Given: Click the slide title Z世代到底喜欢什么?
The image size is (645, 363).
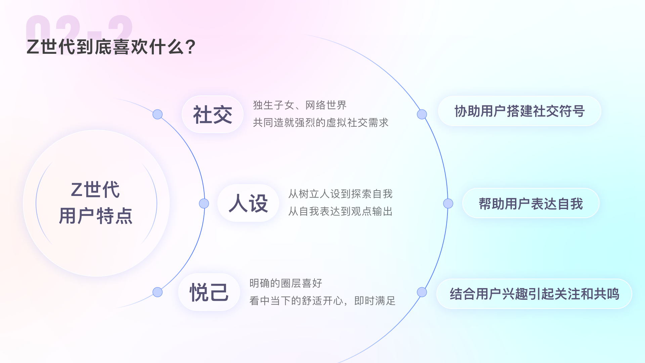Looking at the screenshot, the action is (111, 47).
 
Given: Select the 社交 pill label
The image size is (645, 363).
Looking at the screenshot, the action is (213, 114).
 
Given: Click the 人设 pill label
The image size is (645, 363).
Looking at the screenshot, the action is (248, 203).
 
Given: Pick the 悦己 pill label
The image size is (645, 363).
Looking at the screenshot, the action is (209, 292).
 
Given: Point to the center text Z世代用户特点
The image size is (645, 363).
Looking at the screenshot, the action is (96, 203).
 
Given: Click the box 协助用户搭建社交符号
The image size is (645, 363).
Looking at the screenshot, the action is (519, 111).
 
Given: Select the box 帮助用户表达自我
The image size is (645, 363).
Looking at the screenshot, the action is (531, 203).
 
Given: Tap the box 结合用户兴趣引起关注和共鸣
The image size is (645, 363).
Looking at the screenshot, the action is (534, 294).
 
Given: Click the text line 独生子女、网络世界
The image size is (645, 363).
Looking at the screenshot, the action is (300, 105).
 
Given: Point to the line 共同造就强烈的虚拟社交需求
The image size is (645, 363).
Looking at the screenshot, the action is (320, 123).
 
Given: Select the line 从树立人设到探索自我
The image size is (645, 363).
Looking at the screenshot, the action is (340, 194).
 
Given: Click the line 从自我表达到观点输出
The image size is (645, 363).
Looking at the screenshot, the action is (340, 211).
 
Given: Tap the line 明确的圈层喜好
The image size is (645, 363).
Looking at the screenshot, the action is (286, 283).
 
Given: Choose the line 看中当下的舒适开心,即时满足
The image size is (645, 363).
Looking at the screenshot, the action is (322, 301).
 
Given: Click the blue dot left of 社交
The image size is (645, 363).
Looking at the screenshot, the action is (158, 114).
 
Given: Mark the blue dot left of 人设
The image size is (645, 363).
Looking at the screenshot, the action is (204, 203).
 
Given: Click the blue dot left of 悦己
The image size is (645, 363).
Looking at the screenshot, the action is (158, 292).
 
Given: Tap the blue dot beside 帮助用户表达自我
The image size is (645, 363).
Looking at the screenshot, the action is (448, 203).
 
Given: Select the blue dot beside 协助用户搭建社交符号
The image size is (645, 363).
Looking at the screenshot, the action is (422, 114).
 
